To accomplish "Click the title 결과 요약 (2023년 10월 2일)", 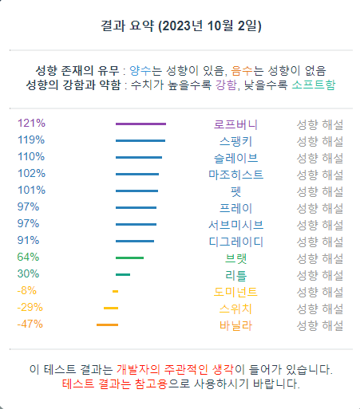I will (181, 26).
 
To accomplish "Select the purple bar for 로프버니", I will (140, 124).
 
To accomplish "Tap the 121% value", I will (31, 124).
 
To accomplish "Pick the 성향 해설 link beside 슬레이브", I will (320, 157).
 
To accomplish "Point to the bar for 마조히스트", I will (137, 174).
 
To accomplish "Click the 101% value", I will (31, 191).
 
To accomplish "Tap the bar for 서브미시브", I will (136, 224).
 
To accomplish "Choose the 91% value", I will (29, 241).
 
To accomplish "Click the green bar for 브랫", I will (129, 258).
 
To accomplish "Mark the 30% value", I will (29, 274).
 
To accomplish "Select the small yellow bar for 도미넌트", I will (115, 291).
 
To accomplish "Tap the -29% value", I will (30, 308).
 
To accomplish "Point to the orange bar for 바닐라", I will (107, 324).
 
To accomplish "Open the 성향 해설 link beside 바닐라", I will (320, 324).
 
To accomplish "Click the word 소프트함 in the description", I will (314, 85).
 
